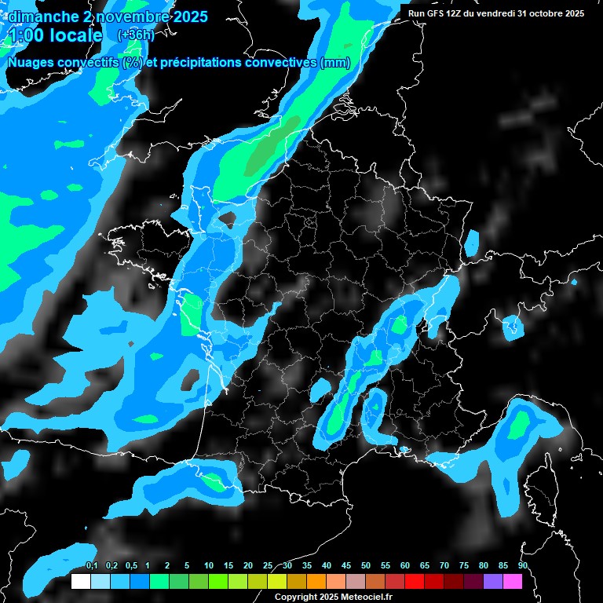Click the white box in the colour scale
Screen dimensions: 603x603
click(x=80, y=581)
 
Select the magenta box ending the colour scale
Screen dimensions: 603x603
click(x=513, y=581)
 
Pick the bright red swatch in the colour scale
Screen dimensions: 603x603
click(x=415, y=581)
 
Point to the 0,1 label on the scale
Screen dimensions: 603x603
click(x=91, y=566)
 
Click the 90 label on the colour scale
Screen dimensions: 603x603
click(x=523, y=566)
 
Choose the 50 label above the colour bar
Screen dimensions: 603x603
click(x=366, y=566)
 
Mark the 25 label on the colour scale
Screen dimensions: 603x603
click(x=268, y=566)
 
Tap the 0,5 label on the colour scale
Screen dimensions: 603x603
click(x=130, y=566)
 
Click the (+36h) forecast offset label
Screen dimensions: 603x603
click(x=135, y=35)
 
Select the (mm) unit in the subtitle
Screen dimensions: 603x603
click(x=335, y=63)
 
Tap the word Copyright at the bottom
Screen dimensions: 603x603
click(x=295, y=597)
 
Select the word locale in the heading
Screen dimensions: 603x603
click(x=75, y=36)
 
